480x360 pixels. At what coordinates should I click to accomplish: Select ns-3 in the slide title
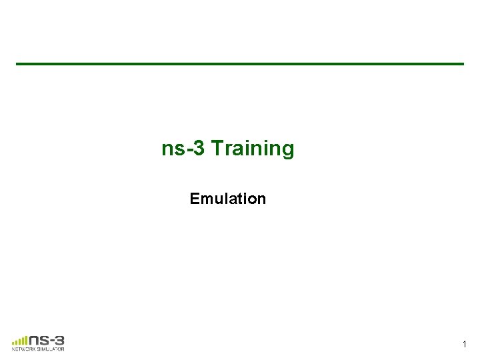[185, 149]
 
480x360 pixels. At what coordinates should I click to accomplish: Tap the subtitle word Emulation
[228, 199]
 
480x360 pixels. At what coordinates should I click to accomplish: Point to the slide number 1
[465, 345]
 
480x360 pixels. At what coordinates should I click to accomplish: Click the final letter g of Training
[287, 151]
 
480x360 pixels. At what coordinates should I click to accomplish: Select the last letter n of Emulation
[262, 199]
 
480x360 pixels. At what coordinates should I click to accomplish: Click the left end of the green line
[18, 64]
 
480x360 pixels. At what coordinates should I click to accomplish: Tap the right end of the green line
[462, 64]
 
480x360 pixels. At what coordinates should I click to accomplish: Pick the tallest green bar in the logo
[26, 337]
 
